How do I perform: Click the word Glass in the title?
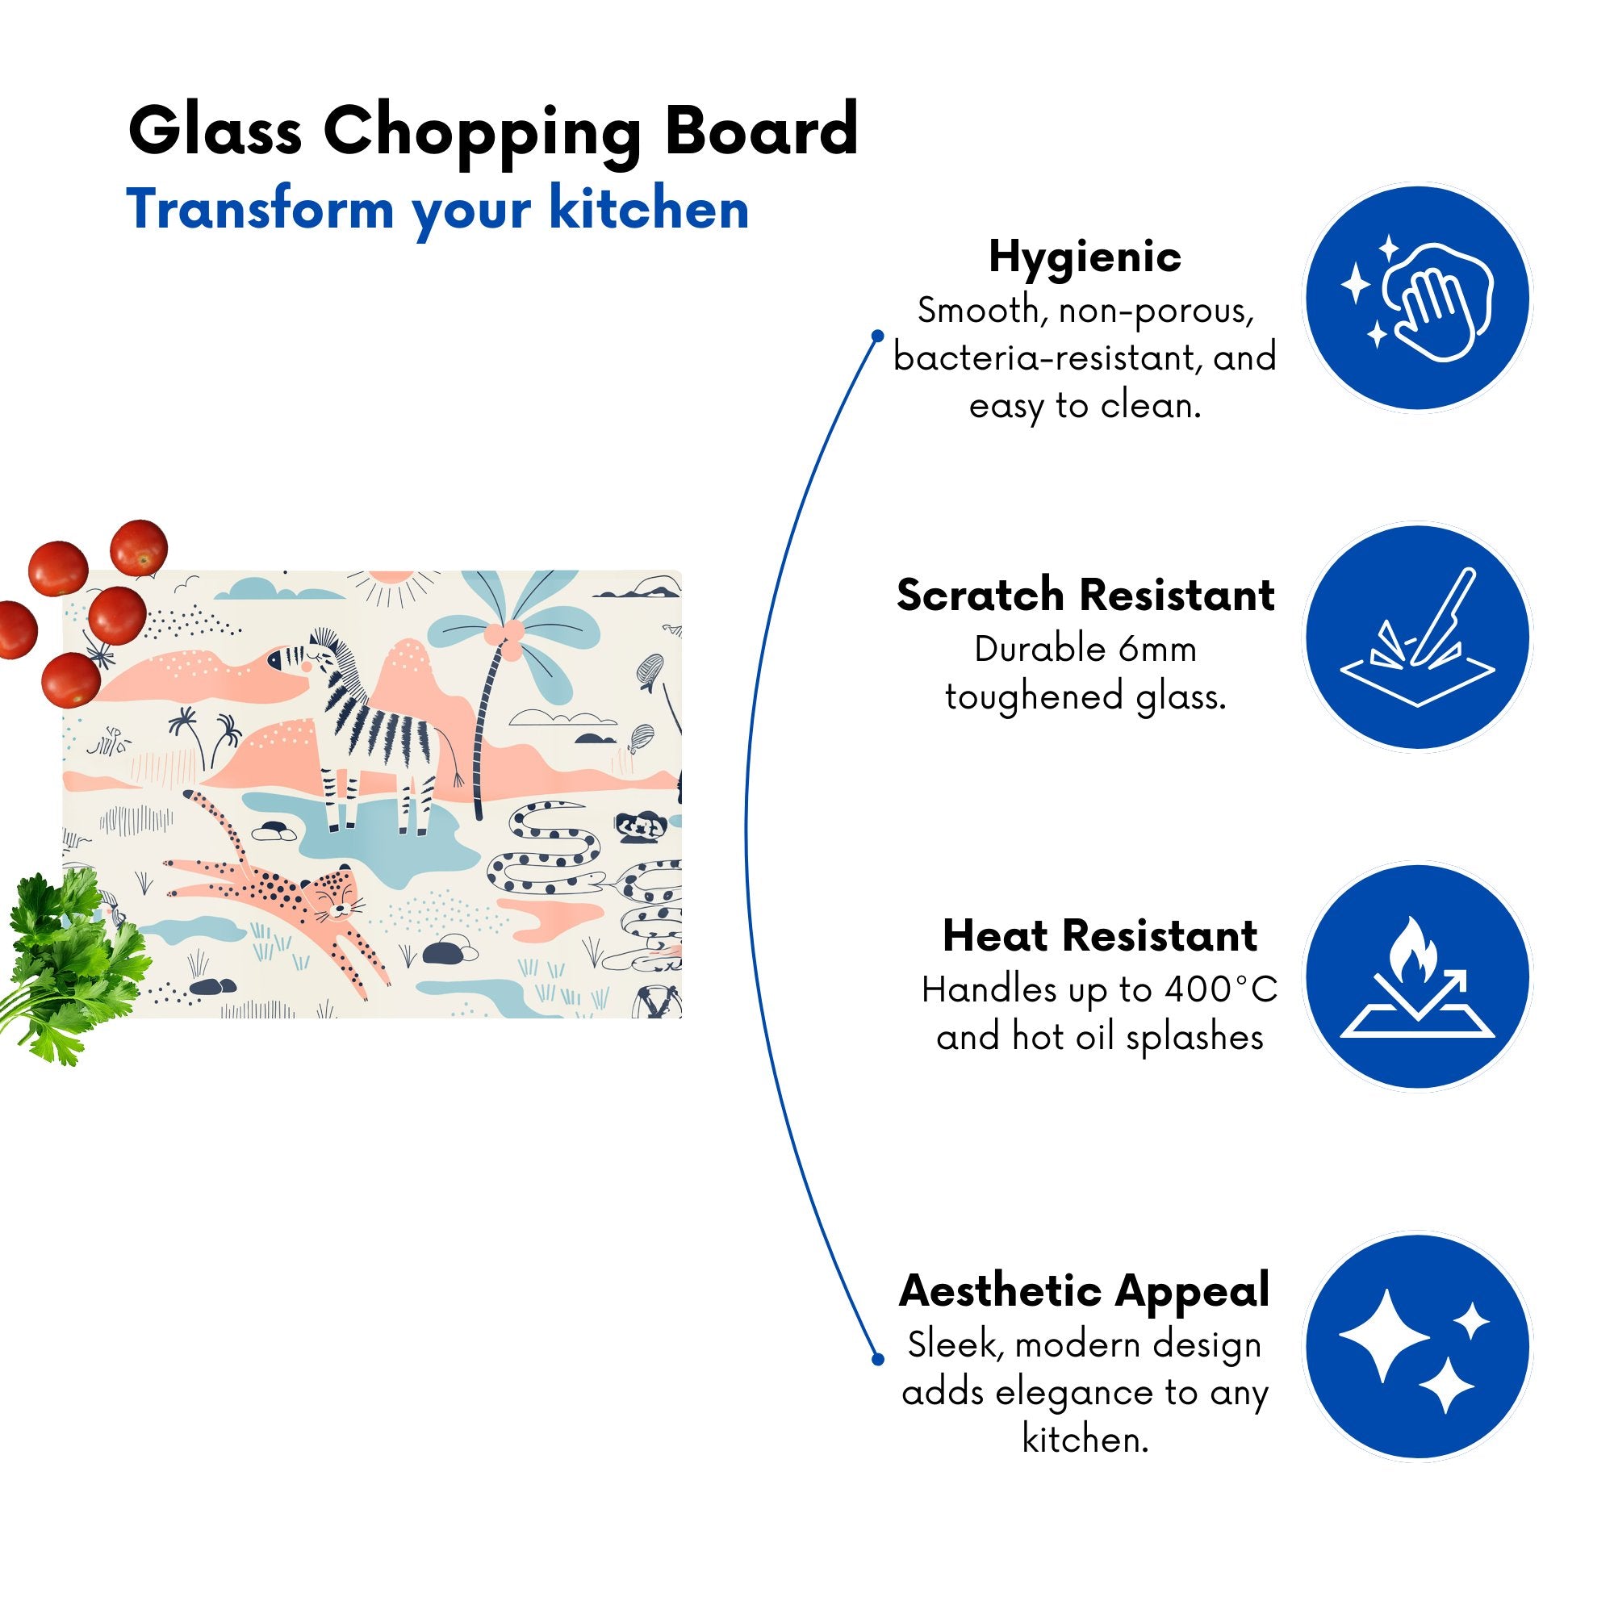215,132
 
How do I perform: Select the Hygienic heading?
1085,257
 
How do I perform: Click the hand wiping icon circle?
1418,299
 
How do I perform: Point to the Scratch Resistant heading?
1085,596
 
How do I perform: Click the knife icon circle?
1418,637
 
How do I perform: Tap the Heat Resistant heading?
1099,935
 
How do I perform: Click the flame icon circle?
1418,976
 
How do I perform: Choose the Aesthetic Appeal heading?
1085,1290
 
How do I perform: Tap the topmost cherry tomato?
139,547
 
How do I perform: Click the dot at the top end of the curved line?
877,336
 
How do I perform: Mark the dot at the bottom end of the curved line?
877,1359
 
